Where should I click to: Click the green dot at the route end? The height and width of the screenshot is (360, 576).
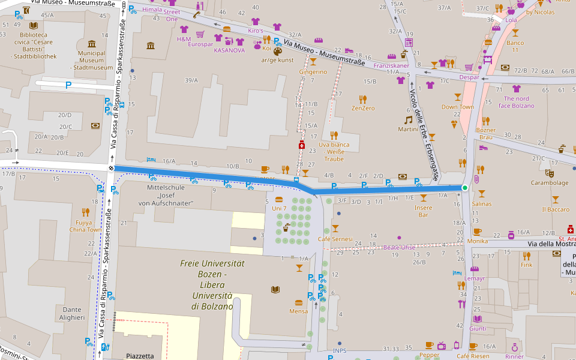click(x=464, y=188)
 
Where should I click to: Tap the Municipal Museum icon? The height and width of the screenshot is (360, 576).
click(x=92, y=44)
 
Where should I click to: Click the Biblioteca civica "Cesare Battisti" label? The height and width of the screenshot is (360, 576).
click(x=33, y=46)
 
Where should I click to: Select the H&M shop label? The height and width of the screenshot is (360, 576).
click(x=184, y=39)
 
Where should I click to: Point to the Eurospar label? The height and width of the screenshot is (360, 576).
click(x=200, y=44)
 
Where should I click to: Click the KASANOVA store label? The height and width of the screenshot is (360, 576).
click(x=229, y=50)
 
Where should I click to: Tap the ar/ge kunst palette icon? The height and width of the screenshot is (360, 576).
click(x=277, y=52)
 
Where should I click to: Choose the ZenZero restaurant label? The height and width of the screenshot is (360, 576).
click(x=363, y=109)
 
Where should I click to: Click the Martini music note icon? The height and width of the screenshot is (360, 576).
click(x=409, y=119)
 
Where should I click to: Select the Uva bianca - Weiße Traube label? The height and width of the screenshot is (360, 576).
click(x=335, y=152)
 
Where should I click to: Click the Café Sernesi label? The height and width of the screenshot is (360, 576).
click(x=335, y=239)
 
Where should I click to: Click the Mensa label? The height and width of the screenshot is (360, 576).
click(x=298, y=311)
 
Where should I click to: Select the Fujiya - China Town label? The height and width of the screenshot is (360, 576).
click(x=85, y=226)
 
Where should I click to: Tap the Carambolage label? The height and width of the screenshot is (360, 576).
click(x=549, y=183)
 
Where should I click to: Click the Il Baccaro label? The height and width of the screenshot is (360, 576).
click(x=556, y=209)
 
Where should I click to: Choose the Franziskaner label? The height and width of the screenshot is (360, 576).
click(x=391, y=65)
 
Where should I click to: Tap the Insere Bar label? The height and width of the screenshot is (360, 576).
click(x=423, y=211)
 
